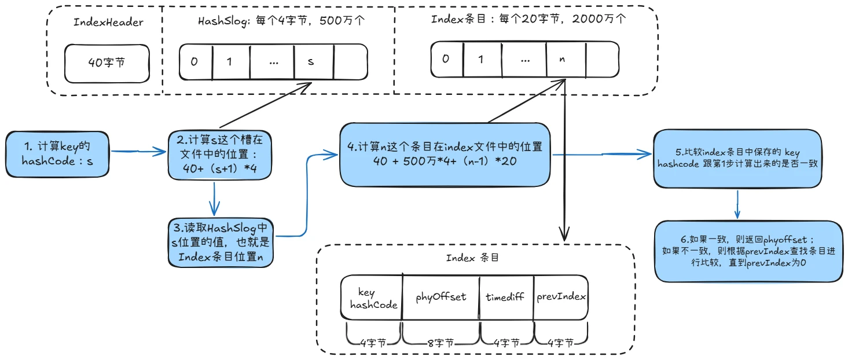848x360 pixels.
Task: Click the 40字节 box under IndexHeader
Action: click(107, 63)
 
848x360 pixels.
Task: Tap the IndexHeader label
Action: click(108, 22)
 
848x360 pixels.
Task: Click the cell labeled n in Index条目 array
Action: click(565, 60)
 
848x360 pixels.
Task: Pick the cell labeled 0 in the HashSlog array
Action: click(196, 61)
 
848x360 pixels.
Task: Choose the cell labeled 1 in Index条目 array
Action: click(480, 60)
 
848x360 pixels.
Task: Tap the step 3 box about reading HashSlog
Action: click(221, 242)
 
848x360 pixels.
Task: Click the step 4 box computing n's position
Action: click(445, 154)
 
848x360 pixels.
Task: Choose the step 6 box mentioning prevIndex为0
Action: click(748, 251)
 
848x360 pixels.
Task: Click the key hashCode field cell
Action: click(371, 298)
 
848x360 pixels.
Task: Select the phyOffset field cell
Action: click(440, 297)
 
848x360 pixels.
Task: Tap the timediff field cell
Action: click(505, 297)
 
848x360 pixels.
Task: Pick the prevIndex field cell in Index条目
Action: click(561, 297)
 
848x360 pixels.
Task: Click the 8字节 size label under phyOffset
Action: click(441, 343)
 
